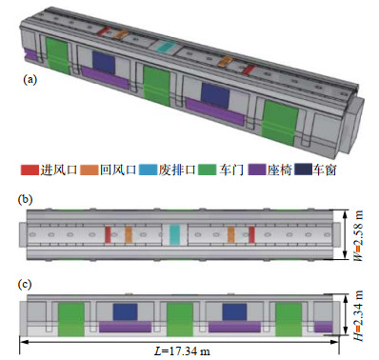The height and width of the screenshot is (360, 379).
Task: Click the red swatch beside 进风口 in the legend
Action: [30, 170]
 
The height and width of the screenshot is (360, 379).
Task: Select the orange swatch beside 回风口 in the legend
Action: [90, 170]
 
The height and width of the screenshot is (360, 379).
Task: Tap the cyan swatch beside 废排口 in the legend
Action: [148, 170]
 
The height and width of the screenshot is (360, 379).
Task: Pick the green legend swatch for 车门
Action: [207, 170]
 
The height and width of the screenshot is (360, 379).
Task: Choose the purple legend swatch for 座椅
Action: [257, 170]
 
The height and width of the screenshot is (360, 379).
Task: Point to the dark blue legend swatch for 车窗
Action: [303, 170]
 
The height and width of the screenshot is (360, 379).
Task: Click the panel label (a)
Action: [30, 79]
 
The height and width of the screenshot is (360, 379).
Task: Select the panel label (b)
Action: [26, 200]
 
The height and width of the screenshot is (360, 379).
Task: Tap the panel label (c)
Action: [25, 284]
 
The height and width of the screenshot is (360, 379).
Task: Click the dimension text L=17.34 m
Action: [182, 351]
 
